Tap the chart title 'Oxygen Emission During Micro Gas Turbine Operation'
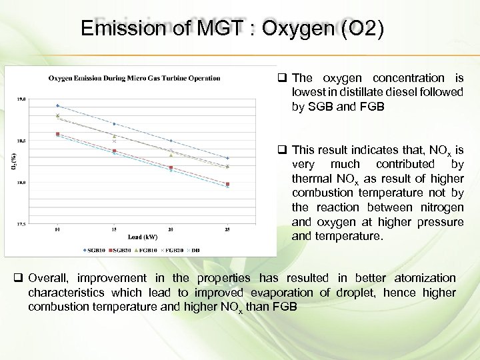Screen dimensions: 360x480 (x=134, y=78)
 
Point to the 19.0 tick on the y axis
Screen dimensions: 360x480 (x=21, y=99)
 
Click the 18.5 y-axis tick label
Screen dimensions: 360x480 (x=21, y=141)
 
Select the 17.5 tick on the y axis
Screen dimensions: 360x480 (x=21, y=224)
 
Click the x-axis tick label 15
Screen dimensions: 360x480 (x=114, y=230)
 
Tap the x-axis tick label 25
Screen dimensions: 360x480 (x=227, y=230)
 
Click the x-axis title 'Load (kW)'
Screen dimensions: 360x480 (x=142, y=237)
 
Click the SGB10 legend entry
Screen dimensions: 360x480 (x=93, y=250)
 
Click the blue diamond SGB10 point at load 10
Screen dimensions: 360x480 (x=58, y=105)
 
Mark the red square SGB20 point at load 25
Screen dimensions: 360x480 (x=227, y=184)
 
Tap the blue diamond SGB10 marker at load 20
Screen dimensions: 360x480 (x=171, y=141)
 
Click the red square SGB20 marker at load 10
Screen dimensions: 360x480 (x=58, y=134)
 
